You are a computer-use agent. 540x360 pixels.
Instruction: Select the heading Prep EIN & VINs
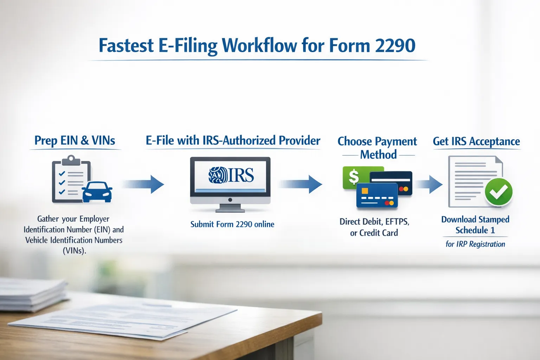75,141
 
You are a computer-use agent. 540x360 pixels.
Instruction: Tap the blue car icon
97,192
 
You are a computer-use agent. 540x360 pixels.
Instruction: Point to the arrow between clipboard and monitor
144,184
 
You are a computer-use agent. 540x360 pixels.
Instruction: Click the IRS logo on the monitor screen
231,175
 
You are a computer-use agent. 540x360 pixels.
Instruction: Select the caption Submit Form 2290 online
232,224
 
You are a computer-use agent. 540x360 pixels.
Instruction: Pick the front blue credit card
377,196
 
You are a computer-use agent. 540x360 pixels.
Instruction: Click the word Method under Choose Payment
378,155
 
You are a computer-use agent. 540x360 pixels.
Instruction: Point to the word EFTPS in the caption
397,222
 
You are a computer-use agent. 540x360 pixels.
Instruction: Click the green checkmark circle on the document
498,192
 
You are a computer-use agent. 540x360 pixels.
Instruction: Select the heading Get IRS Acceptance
476,141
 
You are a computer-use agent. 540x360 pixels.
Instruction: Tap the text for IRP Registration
475,244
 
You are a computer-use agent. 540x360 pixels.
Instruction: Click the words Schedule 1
475,230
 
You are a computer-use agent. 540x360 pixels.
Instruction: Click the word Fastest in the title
126,46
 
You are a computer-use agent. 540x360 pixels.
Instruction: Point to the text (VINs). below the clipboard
74,251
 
